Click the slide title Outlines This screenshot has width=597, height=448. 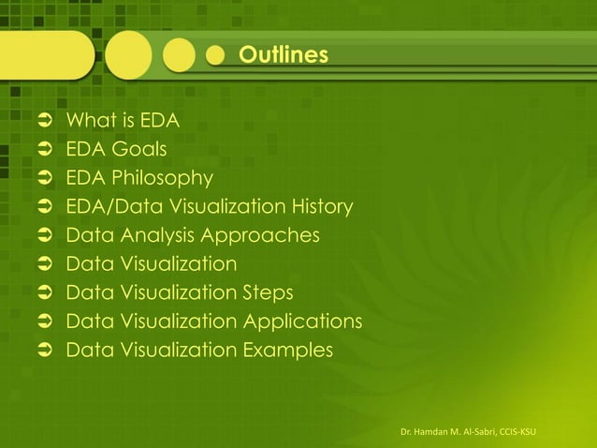coord(283,56)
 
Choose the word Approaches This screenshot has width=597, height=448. coord(265,234)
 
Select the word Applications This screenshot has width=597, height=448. coord(302,321)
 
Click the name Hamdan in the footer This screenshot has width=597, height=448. coord(431,430)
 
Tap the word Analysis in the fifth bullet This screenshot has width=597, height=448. coord(158,234)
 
